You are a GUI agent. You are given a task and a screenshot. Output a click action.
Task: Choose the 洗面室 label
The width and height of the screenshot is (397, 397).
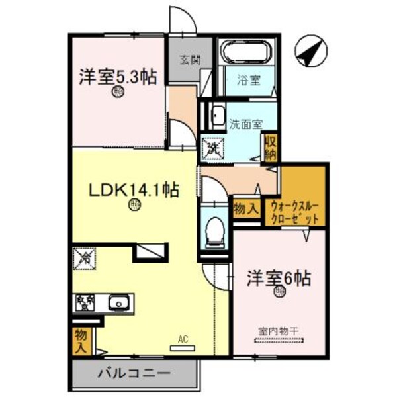point(245,123)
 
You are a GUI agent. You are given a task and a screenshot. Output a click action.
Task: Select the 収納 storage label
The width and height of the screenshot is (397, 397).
point(270,147)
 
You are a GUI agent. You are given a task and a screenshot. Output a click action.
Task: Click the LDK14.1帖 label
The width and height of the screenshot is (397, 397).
point(134,190)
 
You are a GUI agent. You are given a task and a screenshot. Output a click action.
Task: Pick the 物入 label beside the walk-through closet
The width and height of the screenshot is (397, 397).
point(245,209)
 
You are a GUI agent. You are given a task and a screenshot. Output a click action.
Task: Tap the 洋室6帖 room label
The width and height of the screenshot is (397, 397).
point(270,278)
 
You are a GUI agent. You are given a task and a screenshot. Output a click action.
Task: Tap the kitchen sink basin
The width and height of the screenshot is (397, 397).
point(118,304)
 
